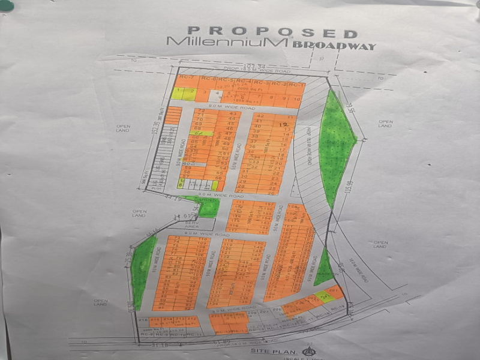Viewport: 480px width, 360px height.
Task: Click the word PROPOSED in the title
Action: pos(273,32)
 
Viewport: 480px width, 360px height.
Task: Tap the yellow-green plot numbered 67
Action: pos(202,133)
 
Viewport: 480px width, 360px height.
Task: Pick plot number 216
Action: pos(143,319)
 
